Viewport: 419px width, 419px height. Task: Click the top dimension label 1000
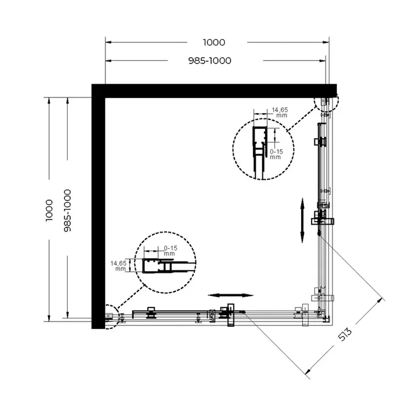pyautogui.click(x=214, y=42)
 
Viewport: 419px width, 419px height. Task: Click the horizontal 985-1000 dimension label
pyautogui.click(x=210, y=61)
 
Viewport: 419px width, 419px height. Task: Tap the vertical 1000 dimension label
pyautogui.click(x=49, y=210)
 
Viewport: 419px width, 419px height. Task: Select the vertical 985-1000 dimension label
pyautogui.click(x=67, y=210)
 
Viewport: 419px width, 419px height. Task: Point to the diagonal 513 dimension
pyautogui.click(x=345, y=334)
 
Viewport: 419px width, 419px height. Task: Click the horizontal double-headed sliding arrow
pyautogui.click(x=230, y=295)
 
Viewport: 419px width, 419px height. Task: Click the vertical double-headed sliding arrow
pyautogui.click(x=302, y=220)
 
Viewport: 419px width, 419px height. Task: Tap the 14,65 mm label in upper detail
pyautogui.click(x=280, y=112)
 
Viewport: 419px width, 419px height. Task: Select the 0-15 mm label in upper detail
pyautogui.click(x=276, y=154)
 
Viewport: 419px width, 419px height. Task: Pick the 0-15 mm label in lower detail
pyautogui.click(x=171, y=251)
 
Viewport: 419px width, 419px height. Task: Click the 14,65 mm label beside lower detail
pyautogui.click(x=119, y=266)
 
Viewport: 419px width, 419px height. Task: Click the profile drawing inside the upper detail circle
pyautogui.click(x=259, y=153)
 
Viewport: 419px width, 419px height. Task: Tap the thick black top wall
pyautogui.click(x=214, y=91)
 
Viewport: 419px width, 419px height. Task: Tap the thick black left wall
pyautogui.click(x=98, y=206)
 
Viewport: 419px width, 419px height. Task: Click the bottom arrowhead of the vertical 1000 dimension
pyautogui.click(x=49, y=318)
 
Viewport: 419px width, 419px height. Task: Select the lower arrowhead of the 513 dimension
pyautogui.click(x=308, y=371)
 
